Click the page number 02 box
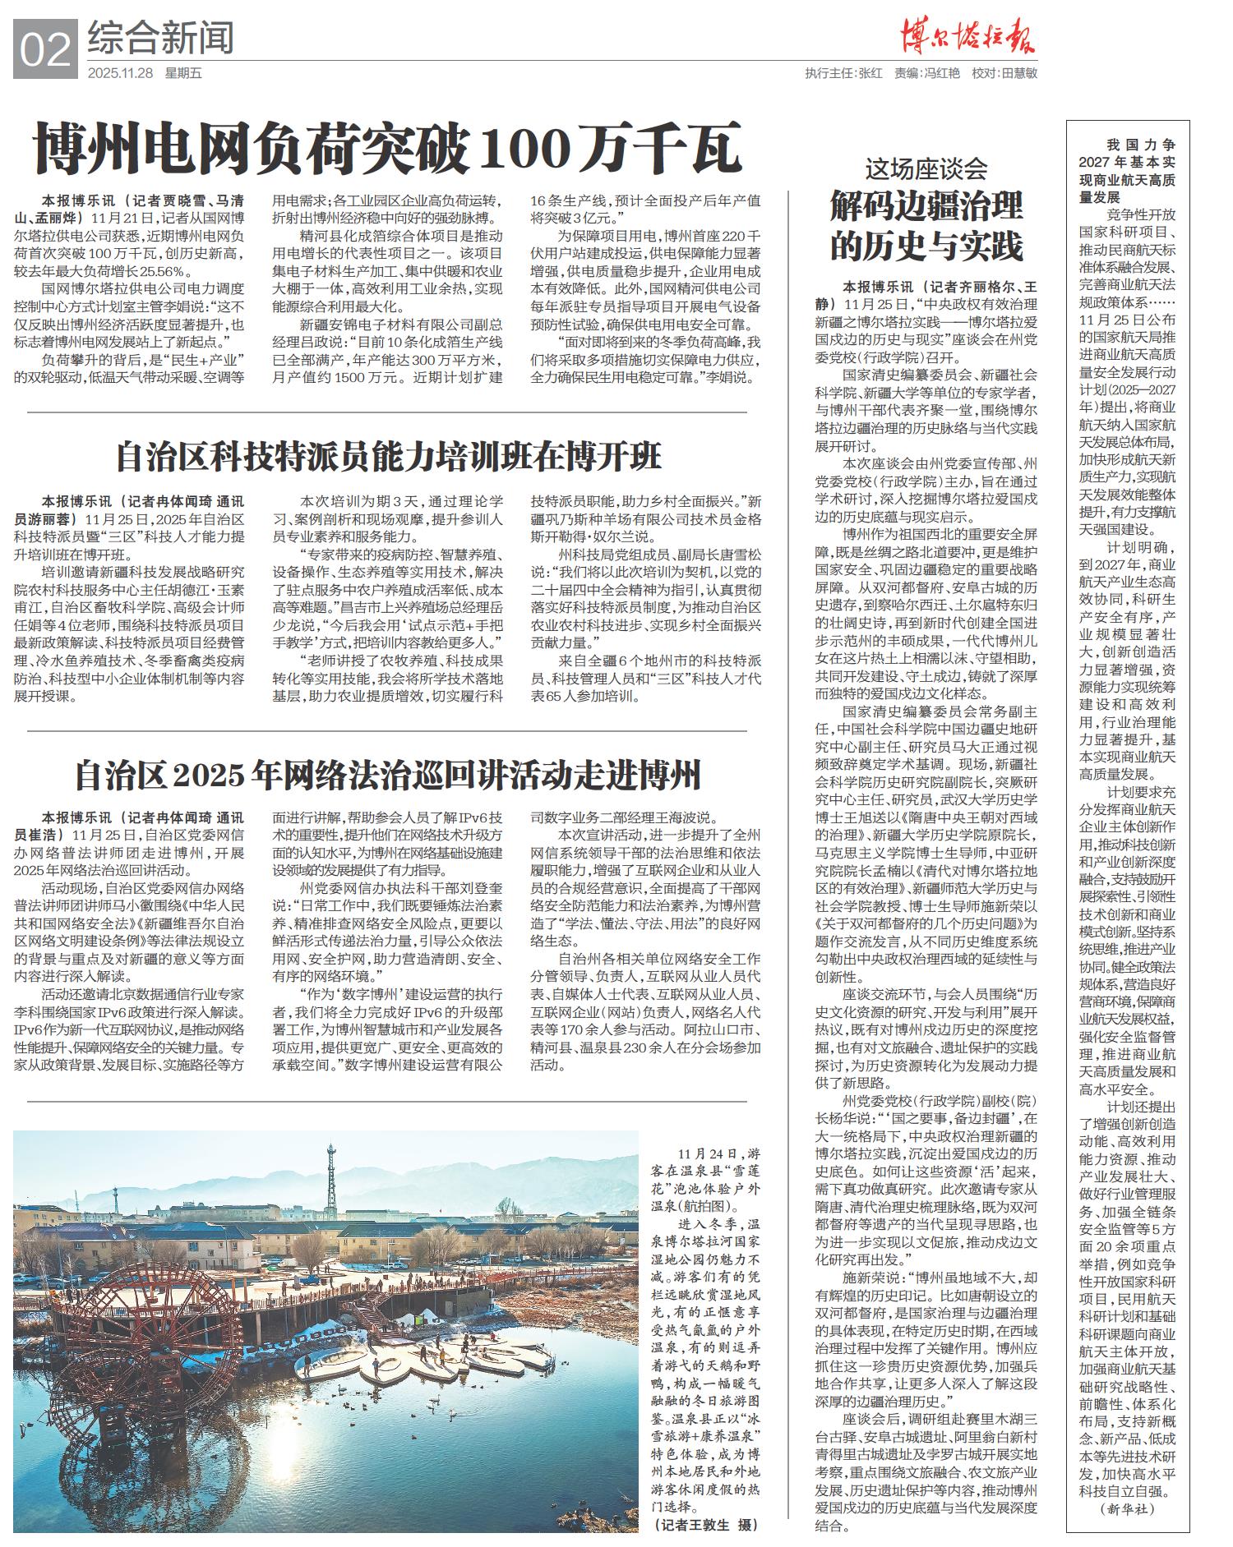pyautogui.click(x=46, y=49)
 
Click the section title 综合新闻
pyautogui.click(x=160, y=37)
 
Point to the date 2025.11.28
pyautogui.click(x=120, y=73)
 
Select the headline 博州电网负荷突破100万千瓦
pyautogui.click(x=387, y=149)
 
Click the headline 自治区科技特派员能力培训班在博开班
pyautogui.click(x=388, y=457)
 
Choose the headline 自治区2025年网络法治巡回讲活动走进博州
pyautogui.click(x=387, y=774)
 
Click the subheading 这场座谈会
pyautogui.click(x=926, y=170)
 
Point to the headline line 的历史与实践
pyautogui.click(x=926, y=246)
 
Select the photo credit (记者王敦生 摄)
pyautogui.click(x=706, y=1525)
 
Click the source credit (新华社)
pyautogui.click(x=1127, y=1509)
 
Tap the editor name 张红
pyautogui.click(x=870, y=73)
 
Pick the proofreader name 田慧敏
pyautogui.click(x=1018, y=73)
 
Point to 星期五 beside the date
pyautogui.click(x=183, y=73)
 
